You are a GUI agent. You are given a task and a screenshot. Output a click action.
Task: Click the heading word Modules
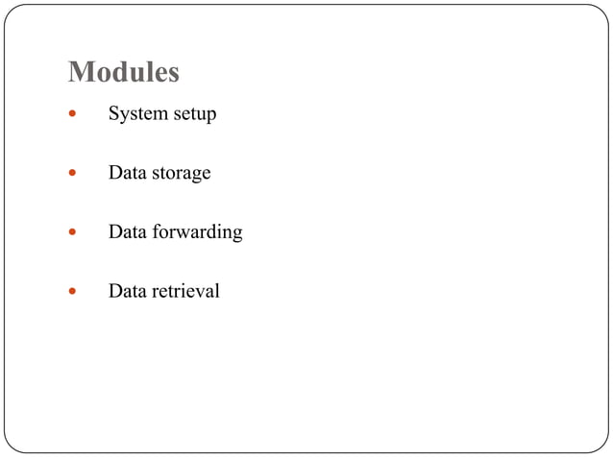tap(124, 72)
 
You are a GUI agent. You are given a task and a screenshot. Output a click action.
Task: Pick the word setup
tap(194, 115)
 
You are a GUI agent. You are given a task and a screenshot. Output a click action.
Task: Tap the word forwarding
tap(197, 232)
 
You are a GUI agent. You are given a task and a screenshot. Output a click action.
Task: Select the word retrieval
tap(185, 290)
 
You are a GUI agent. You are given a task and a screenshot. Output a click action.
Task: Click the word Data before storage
tap(126, 173)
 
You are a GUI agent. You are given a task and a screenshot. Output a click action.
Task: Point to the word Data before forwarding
tap(126, 231)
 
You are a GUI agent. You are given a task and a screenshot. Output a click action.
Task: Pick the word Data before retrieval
tap(126, 290)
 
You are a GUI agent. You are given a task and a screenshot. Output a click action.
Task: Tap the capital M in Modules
tap(80, 72)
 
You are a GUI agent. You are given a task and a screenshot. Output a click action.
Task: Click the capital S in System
tap(113, 114)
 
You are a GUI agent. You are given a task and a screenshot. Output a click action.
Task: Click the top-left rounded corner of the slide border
tap(11, 12)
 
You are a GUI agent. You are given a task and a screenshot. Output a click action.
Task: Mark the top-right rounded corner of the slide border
tap(601, 12)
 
